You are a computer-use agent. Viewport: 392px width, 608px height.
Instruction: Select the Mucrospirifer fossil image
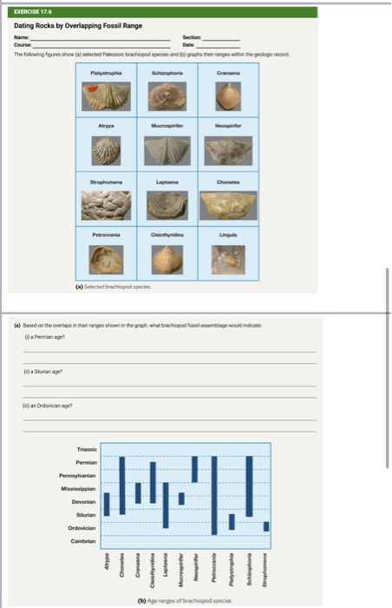(168, 151)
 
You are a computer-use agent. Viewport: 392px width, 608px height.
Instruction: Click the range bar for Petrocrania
(214, 495)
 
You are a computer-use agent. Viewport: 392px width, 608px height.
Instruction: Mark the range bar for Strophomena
(266, 526)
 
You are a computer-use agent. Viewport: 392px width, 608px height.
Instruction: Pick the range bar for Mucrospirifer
(180, 498)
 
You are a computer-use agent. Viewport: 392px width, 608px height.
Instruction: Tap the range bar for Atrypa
(107, 504)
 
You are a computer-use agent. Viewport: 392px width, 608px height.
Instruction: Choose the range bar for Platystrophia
(232, 521)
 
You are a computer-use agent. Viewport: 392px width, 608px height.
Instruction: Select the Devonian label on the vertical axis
(83, 502)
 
